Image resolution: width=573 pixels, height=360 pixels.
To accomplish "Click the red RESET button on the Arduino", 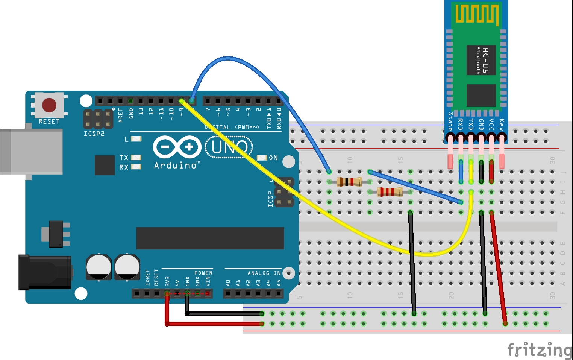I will click(x=49, y=105).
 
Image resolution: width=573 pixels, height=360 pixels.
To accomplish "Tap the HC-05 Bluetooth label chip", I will click(x=481, y=60).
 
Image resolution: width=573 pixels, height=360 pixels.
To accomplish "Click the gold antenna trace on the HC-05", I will click(x=477, y=14).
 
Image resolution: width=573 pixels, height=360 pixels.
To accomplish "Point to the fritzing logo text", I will click(x=540, y=350).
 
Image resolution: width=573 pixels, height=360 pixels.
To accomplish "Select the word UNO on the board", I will click(x=229, y=147).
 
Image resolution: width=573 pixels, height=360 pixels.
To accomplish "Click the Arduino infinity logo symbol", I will click(x=177, y=147).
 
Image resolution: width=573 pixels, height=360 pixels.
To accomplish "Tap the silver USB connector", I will click(x=32, y=151).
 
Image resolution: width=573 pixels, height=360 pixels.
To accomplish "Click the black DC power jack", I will click(x=45, y=272).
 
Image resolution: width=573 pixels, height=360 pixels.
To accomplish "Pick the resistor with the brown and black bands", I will click(x=349, y=182).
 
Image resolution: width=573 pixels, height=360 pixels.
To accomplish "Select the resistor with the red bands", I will click(x=390, y=192).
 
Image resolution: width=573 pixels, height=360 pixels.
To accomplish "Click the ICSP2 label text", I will click(x=94, y=134).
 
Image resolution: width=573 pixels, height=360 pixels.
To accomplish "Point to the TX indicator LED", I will click(x=136, y=158).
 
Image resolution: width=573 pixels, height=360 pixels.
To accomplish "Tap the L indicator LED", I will click(x=136, y=139).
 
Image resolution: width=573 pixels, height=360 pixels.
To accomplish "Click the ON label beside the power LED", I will click(x=273, y=158).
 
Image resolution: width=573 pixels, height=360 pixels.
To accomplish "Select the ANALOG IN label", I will click(x=264, y=273).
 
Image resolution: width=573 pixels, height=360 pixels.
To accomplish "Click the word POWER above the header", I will click(x=203, y=273).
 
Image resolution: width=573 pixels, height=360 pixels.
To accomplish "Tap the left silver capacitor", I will click(x=99, y=267).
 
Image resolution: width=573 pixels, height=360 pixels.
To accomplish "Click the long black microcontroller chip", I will click(x=210, y=238).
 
